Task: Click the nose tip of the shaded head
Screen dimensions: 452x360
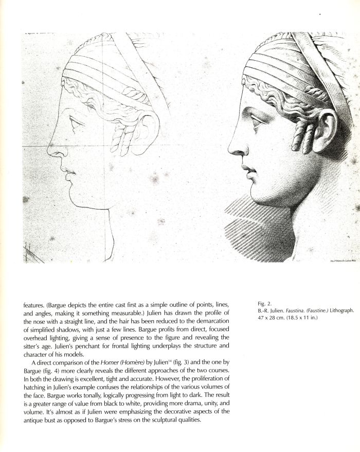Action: coord(230,152)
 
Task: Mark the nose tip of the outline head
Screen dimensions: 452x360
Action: coord(49,152)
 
